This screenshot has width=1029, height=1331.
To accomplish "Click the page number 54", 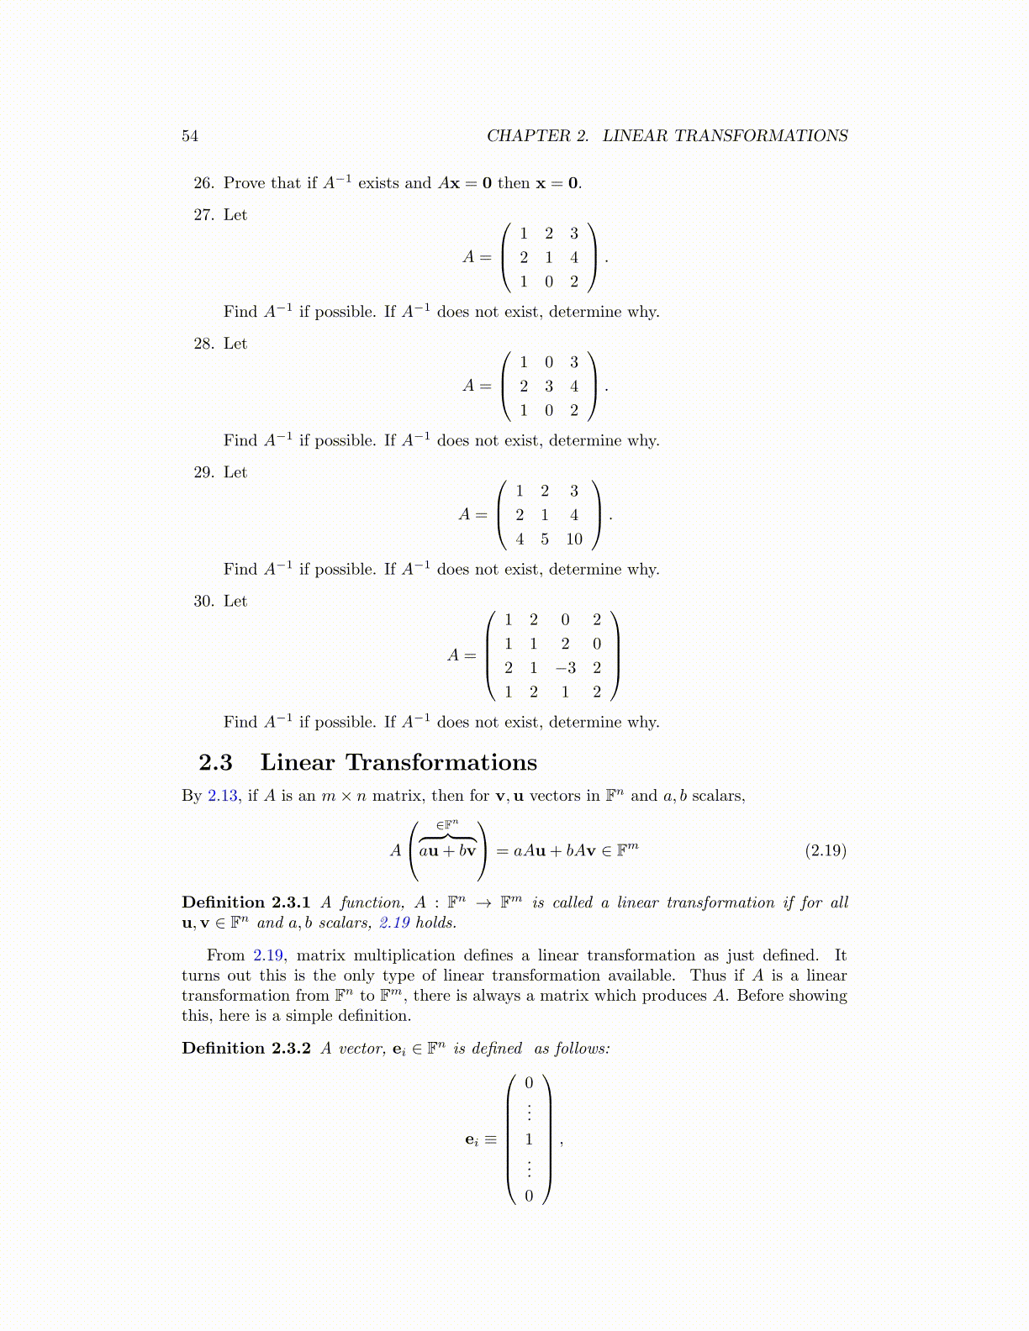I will pyautogui.click(x=190, y=136).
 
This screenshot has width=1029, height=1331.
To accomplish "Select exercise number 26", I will pyautogui.click(x=204, y=183).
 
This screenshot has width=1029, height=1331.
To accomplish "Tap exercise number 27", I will pyautogui.click(x=204, y=215).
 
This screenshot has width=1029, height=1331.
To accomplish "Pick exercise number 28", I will pyautogui.click(x=204, y=344).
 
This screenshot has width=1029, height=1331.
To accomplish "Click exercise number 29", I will pyautogui.click(x=204, y=472).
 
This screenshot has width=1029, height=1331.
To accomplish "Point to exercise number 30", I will pyautogui.click(x=204, y=601).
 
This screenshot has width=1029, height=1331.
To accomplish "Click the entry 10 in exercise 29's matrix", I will pyautogui.click(x=574, y=539).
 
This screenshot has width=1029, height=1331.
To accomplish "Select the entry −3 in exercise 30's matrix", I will pyautogui.click(x=565, y=668).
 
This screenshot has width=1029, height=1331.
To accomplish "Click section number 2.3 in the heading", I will pyautogui.click(x=215, y=762).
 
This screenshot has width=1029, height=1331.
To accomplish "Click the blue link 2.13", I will pyautogui.click(x=223, y=796).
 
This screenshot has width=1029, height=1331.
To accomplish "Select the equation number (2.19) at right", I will pyautogui.click(x=826, y=850).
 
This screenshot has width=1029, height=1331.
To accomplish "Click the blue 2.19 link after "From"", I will pyautogui.click(x=268, y=955).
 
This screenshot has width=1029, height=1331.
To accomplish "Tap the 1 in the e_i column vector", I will pyautogui.click(x=529, y=1139).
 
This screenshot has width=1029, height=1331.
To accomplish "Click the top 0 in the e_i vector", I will pyautogui.click(x=529, y=1083).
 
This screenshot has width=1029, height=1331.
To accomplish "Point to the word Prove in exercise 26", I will pyautogui.click(x=245, y=183).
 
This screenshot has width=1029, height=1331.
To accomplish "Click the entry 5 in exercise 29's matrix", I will pyautogui.click(x=545, y=539).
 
